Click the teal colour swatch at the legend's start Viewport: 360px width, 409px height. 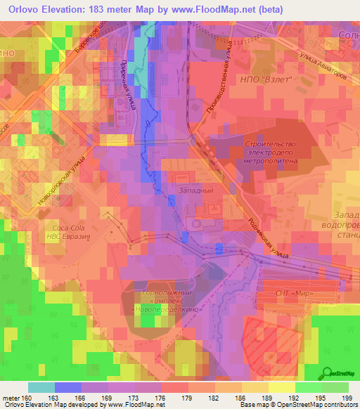click(41, 387)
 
